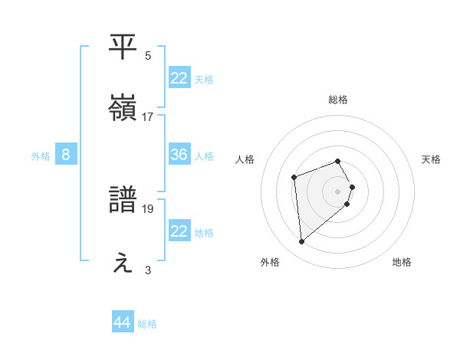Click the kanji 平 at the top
[124, 47]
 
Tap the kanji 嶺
[124, 109]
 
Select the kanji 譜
[124, 200]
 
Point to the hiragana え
[124, 263]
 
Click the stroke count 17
[148, 117]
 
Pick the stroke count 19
[148, 208]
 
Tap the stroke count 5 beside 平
[148, 55]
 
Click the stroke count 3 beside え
[148, 270]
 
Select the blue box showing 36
[179, 155]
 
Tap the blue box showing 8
[66, 155]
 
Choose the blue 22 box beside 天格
[179, 78]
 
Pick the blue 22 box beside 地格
[179, 231]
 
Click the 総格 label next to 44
[147, 324]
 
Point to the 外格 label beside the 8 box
[41, 156]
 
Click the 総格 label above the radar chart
[338, 100]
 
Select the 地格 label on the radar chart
[402, 262]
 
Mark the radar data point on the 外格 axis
[302, 242]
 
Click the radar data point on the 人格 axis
[294, 178]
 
